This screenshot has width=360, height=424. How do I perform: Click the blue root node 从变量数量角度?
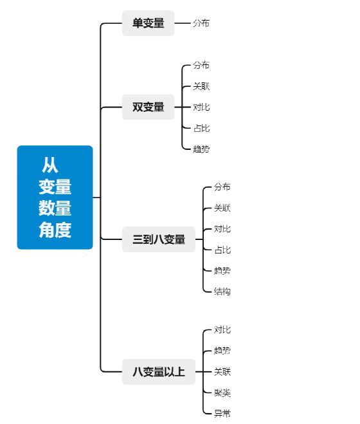coord(55,197)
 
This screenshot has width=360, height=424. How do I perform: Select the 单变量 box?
coord(148,23)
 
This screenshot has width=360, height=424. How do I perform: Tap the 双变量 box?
coord(148,107)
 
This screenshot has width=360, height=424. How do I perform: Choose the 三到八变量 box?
coord(159,239)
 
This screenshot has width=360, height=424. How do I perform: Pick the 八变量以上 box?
coord(159,372)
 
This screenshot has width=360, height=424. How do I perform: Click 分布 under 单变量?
coord(201,23)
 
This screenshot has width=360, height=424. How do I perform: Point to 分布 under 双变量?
coord(201,65)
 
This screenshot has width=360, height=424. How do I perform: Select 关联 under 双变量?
coord(201,86)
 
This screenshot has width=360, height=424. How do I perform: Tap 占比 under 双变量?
coord(201,128)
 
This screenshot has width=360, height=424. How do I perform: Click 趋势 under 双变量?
coord(201,149)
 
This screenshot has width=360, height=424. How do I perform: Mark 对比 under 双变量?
coord(201,107)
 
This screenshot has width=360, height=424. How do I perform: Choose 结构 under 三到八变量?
coord(222,291)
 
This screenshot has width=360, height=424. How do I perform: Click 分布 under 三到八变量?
coord(222,187)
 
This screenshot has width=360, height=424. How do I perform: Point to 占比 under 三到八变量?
coord(222,250)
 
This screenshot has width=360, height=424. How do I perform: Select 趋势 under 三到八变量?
coord(222,270)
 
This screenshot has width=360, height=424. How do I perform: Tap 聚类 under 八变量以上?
coord(222,392)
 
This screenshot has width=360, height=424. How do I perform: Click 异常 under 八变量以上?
coord(222,414)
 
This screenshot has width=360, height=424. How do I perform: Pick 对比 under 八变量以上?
coord(222,329)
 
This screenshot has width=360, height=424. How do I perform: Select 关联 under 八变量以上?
coord(222,371)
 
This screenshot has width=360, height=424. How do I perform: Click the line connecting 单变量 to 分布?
coord(183,23)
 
